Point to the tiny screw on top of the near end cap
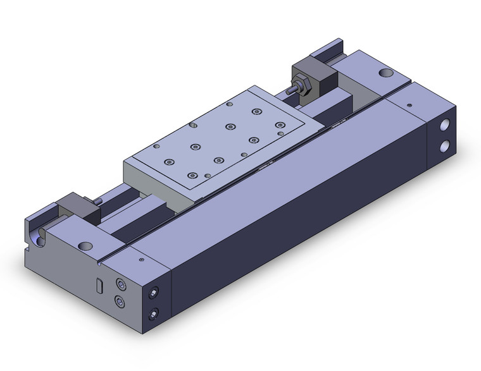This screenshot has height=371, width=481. (x=141, y=258)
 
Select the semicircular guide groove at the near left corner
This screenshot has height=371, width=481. (x=41, y=238)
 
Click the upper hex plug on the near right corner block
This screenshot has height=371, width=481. (x=152, y=293)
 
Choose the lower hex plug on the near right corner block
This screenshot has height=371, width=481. (x=152, y=313)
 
